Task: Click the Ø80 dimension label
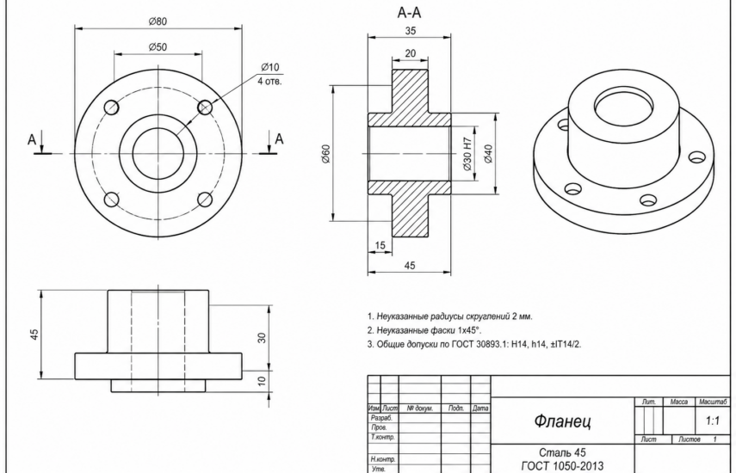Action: (x=158, y=21)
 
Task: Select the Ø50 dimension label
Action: (x=158, y=47)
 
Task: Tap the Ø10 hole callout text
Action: (x=270, y=67)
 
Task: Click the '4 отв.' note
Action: (x=269, y=81)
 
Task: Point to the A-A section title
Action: (x=409, y=13)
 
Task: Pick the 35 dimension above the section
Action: (x=411, y=31)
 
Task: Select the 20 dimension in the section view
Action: (x=411, y=53)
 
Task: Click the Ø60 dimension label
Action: (x=326, y=154)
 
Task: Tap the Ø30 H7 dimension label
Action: (x=467, y=154)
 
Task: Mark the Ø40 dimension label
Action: (x=488, y=154)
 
